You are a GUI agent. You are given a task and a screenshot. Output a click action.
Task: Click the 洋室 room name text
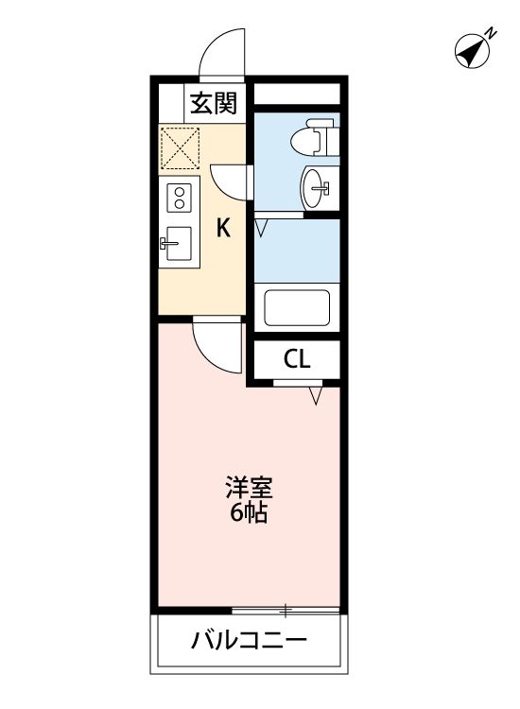tap(249, 490)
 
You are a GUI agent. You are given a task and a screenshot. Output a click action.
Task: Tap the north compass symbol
tap(471, 52)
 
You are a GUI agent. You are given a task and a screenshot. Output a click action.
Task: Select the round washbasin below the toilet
tap(316, 186)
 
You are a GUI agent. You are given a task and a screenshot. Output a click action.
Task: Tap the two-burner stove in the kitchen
tap(178, 199)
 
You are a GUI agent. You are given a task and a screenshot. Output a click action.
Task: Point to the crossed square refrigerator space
tap(180, 147)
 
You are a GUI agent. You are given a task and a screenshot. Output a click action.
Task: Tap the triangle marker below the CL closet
tap(316, 396)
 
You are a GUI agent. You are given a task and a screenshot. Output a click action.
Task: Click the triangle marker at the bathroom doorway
tap(262, 227)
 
